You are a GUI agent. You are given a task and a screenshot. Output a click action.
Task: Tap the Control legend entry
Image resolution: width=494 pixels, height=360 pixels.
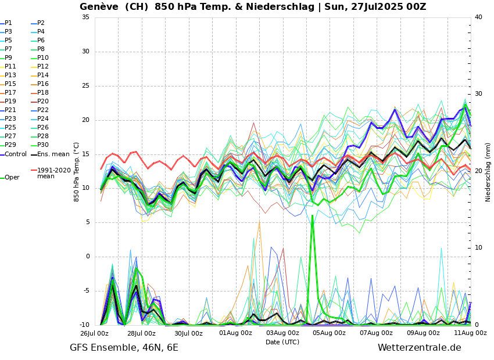pyautogui.click(x=15, y=154)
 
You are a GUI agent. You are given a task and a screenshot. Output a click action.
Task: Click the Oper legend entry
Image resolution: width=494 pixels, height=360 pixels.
pyautogui.click(x=12, y=178)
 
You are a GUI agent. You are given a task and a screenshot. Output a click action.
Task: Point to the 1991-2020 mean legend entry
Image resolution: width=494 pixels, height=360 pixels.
pyautogui.click(x=53, y=173)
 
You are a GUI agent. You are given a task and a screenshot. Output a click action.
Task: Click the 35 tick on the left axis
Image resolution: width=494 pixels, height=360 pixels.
pyautogui.click(x=85, y=17)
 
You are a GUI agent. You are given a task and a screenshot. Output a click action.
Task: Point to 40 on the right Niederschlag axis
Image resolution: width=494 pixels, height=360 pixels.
pyautogui.click(x=478, y=17)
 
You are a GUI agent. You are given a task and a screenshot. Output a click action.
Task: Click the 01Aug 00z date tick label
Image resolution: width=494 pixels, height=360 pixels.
pyautogui.click(x=235, y=333)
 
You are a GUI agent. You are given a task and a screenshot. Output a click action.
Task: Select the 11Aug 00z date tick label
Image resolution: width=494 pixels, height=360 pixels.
pyautogui.click(x=471, y=333)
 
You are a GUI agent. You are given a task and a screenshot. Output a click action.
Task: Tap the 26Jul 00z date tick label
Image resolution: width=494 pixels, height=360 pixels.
pyautogui.click(x=94, y=333)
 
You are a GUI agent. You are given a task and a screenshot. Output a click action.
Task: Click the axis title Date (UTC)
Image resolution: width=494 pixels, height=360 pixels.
pyautogui.click(x=282, y=343)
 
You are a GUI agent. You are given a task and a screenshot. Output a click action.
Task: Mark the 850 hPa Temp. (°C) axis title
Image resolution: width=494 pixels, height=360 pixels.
pyautogui.click(x=77, y=171)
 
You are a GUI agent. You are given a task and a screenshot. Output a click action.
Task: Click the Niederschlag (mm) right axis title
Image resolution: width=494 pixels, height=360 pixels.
pyautogui.click(x=488, y=171)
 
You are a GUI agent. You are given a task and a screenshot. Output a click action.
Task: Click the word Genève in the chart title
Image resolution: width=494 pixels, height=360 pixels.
pyautogui.click(x=99, y=7)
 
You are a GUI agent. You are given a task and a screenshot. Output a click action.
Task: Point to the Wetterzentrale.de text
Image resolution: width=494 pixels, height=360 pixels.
pyautogui.click(x=419, y=348)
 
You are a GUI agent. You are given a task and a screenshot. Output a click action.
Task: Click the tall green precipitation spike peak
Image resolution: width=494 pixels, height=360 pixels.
pyautogui.click(x=312, y=216)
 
